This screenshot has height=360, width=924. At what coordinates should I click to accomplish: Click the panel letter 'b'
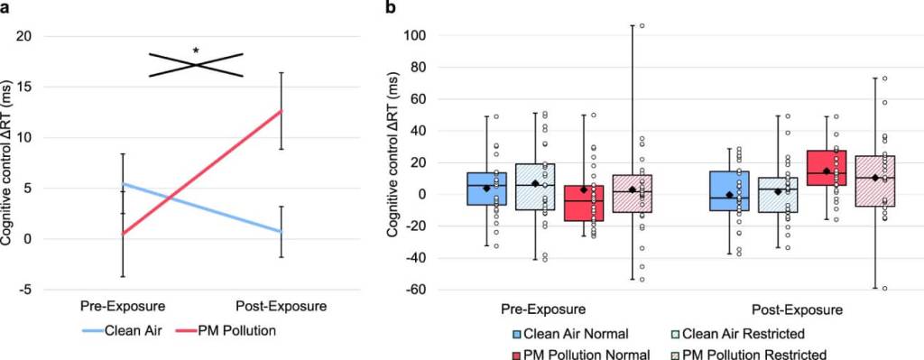click(391, 8)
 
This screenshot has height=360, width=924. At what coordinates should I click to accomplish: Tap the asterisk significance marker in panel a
click(196, 51)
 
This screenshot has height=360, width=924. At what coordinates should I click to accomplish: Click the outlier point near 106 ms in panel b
click(642, 25)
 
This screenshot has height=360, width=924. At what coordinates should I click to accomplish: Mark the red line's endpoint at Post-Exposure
click(282, 111)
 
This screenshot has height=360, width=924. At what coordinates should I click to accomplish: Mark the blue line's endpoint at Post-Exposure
click(282, 232)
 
